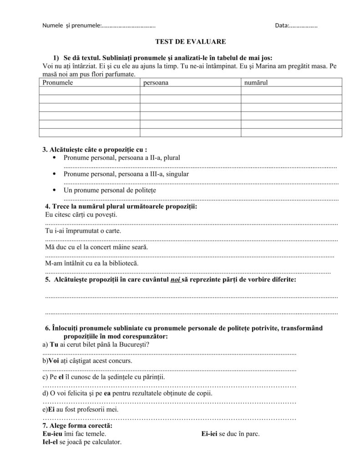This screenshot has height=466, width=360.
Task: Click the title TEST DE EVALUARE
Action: [191, 41]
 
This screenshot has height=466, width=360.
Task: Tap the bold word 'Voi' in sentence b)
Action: [55, 361]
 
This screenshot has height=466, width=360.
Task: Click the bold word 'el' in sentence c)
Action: [61, 377]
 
